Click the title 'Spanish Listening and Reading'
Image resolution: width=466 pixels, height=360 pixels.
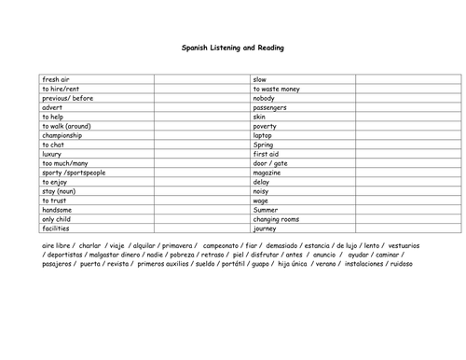233,47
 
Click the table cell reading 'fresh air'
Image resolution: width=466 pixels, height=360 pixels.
58,79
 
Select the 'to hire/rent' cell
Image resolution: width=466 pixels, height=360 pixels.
62,89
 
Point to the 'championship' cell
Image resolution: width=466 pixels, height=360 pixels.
62,135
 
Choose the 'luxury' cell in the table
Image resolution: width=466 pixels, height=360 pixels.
53,154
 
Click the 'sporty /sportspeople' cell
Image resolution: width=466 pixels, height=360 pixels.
74,173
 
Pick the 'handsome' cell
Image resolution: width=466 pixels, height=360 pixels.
58,210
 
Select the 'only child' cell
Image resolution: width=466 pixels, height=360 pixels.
59,218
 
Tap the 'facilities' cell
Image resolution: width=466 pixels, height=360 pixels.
57,228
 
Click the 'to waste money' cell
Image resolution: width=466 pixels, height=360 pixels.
277,89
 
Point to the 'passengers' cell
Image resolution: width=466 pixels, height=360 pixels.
271,107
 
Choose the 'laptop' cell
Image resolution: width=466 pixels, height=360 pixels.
265,135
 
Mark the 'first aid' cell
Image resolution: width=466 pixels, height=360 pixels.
267,154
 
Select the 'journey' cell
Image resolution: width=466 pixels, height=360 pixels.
266,228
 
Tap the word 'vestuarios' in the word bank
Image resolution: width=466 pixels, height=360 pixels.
402,245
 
